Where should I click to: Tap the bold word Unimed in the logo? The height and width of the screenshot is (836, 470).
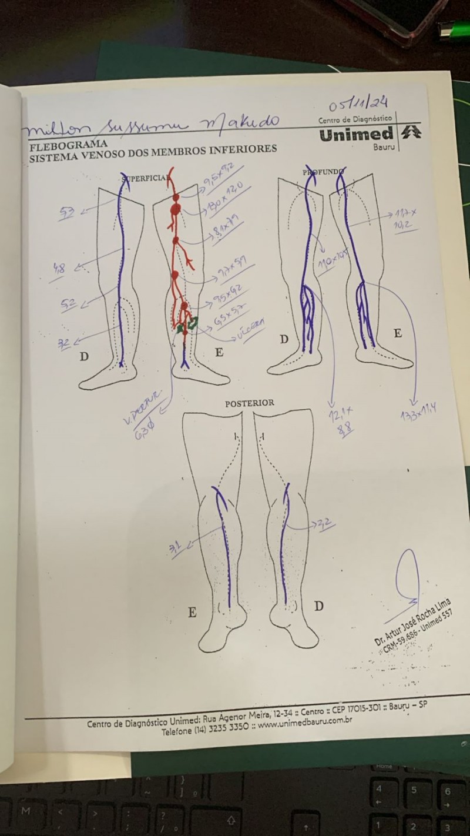point(356,135)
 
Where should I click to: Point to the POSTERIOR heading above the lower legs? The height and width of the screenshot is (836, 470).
point(250,403)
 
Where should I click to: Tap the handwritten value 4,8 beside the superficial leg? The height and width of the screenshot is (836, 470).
point(59,269)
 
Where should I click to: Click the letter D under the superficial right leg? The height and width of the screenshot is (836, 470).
point(84,357)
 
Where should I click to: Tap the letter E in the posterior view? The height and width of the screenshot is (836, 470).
point(192,613)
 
